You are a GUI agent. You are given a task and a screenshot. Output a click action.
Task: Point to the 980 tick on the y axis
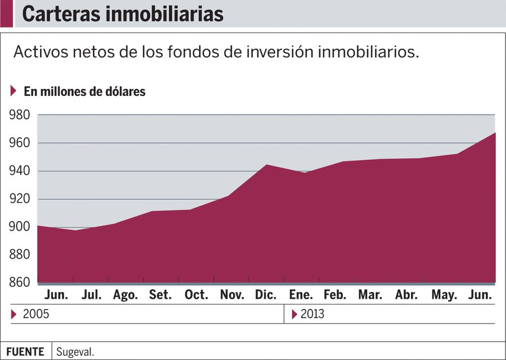tap(19, 115)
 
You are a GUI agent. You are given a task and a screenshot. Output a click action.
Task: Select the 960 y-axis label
tap(19, 143)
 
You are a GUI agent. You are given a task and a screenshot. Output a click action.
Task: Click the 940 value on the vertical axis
tap(19, 171)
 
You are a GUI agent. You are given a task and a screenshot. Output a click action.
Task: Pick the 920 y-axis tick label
tap(19, 199)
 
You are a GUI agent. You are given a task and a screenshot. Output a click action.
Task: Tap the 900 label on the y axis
tap(19, 226)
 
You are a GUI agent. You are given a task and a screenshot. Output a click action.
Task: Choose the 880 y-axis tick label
tap(19, 255)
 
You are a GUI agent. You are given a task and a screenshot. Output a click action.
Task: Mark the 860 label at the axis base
tap(19, 282)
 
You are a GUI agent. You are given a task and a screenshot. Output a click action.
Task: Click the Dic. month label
tap(266, 295)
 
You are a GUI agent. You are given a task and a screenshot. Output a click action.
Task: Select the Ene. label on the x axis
tap(301, 295)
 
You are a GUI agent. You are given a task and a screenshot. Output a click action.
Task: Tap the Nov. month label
tap(232, 295)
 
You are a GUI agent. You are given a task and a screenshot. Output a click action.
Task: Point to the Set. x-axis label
tap(160, 295)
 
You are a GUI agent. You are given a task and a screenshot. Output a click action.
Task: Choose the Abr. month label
tap(407, 295)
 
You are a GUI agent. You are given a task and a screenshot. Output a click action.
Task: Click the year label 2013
tap(312, 314)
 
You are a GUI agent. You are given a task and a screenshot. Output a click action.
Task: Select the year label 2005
tap(36, 314)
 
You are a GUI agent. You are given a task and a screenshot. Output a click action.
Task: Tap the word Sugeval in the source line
tap(75, 352)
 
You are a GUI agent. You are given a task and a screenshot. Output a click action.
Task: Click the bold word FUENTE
tap(25, 352)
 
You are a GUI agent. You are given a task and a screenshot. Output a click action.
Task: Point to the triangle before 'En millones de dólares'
tap(13, 90)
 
